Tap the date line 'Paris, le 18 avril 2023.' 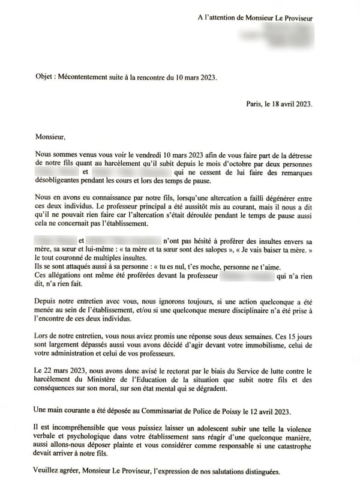click(x=279, y=103)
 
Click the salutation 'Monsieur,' click(x=51, y=137)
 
